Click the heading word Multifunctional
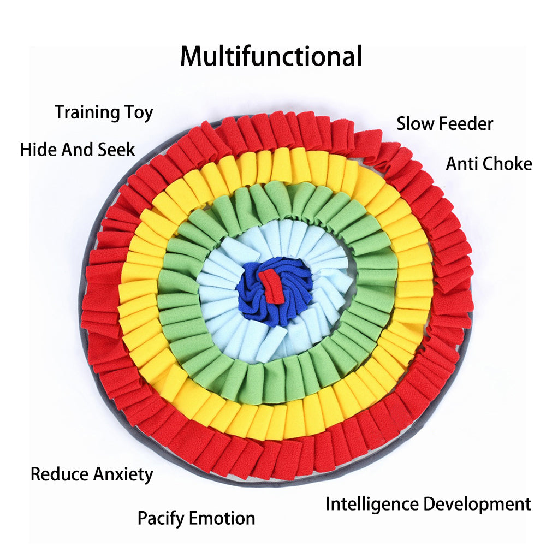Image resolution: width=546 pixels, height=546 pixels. [271, 56]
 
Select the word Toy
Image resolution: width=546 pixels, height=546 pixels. [138, 114]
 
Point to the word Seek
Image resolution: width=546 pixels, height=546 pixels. [116, 149]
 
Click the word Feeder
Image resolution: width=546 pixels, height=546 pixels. [466, 123]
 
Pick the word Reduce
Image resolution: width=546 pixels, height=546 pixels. [59, 474]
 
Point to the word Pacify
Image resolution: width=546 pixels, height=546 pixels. [161, 518]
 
